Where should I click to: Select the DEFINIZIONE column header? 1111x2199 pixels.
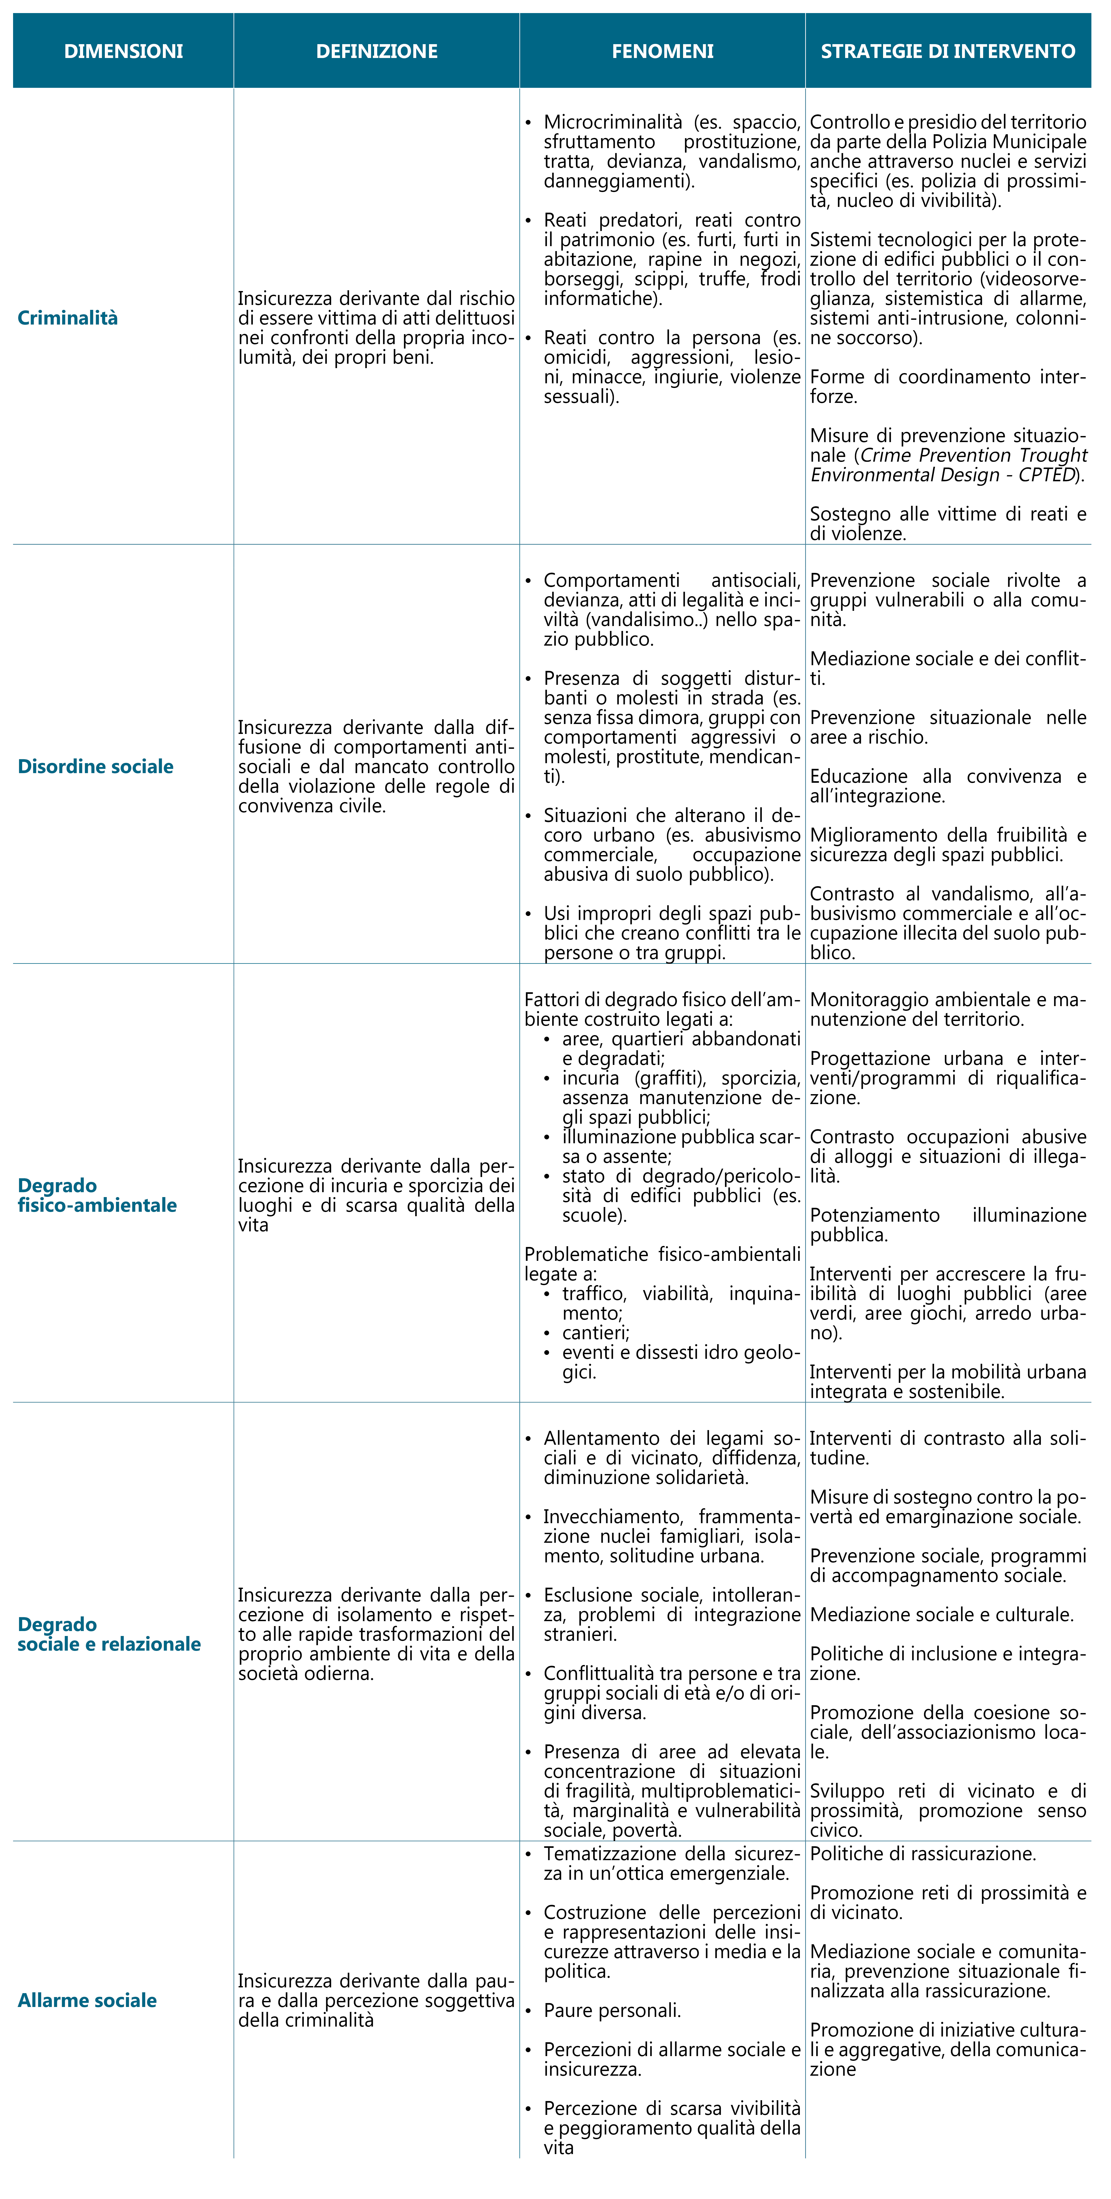[x=377, y=51]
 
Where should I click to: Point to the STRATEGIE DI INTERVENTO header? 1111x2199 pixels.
[x=948, y=51]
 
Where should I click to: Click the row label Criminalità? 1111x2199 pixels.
[x=67, y=317]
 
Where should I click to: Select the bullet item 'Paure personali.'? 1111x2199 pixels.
[x=612, y=2010]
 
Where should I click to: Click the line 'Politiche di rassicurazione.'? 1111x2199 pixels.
[x=922, y=1853]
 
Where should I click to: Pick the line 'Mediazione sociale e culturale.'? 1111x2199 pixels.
[x=941, y=1614]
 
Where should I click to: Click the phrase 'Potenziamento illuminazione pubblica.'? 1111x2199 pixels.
[x=948, y=1224]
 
